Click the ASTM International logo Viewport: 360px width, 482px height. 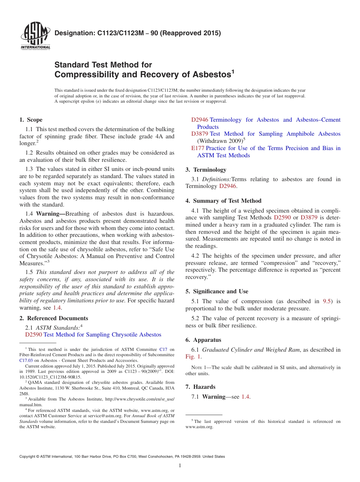point(35,36)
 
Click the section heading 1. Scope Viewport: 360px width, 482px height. point(31,120)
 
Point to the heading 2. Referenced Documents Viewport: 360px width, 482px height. point(53,318)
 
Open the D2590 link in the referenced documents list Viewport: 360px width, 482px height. point(33,335)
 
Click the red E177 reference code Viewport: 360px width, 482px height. point(198,148)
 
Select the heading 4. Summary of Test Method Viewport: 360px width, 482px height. point(223,201)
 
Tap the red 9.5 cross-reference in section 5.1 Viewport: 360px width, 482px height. point(327,301)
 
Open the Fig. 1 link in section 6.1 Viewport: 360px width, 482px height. point(193,357)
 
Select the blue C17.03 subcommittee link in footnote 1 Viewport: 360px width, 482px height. point(26,360)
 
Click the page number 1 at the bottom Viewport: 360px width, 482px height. point(180,465)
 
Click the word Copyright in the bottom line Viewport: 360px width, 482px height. point(27,457)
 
